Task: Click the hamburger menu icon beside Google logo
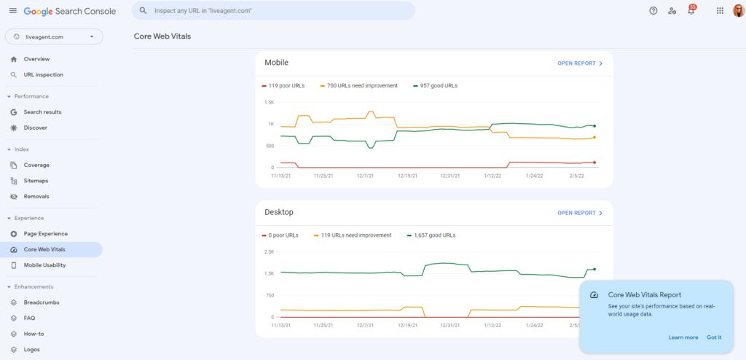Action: point(12,11)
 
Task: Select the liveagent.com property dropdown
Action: point(54,36)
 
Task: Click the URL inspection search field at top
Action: point(273,11)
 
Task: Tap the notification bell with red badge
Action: point(691,11)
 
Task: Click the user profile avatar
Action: point(738,11)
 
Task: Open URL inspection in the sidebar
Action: point(43,74)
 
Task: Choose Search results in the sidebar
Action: point(42,111)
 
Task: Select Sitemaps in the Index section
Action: point(36,181)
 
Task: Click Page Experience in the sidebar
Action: point(45,233)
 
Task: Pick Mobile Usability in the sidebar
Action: point(47,265)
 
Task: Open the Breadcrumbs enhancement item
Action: point(42,302)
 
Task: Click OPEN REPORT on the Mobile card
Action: point(580,63)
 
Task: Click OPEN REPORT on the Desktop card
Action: point(580,213)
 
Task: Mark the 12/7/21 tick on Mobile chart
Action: point(366,176)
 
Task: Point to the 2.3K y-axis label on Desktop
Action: point(269,252)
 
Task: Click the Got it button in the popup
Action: point(714,337)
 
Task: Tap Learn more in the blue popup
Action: point(683,337)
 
